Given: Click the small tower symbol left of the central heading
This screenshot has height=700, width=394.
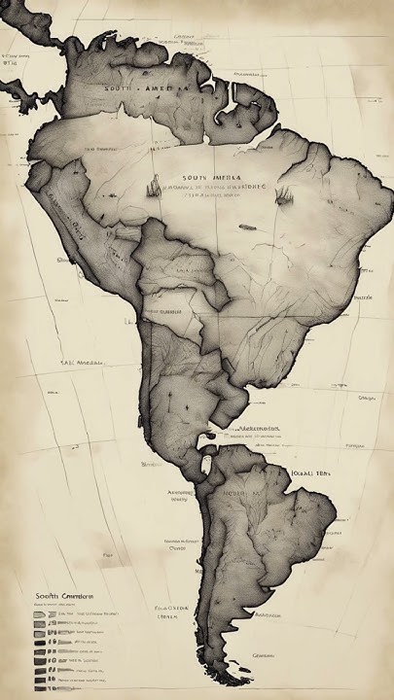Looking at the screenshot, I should tap(153, 185).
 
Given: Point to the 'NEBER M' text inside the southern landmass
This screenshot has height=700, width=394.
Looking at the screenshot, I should tap(244, 493).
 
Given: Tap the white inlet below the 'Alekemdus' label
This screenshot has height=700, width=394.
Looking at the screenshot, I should tap(205, 443).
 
